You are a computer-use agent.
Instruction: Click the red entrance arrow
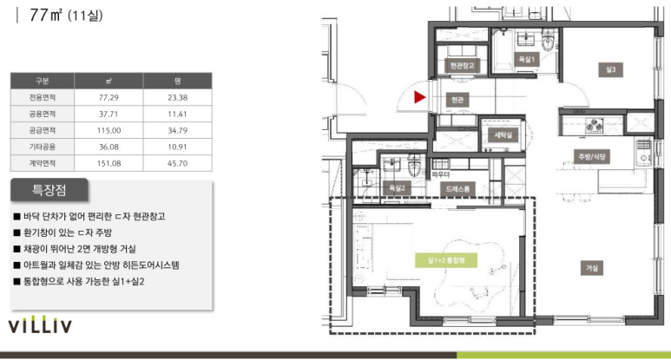[x=419, y=97]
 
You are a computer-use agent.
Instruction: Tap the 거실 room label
[x=592, y=268]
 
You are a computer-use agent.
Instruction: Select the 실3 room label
[x=610, y=69]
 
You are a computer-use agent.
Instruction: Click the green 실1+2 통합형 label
[x=446, y=260]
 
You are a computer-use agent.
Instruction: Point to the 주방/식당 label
[x=592, y=156]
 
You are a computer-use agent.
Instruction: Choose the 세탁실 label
[x=503, y=135]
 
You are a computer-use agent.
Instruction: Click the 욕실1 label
[x=526, y=59]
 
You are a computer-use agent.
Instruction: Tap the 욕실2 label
[x=397, y=188]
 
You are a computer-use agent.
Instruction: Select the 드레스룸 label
[x=457, y=188]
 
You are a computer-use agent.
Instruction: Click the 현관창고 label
[x=462, y=66]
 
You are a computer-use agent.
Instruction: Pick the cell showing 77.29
[x=109, y=97]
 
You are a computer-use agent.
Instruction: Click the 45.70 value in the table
[x=178, y=163]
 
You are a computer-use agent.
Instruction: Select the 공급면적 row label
[x=42, y=130]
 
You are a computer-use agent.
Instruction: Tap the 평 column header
[x=178, y=81]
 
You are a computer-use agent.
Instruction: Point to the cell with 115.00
[x=109, y=130]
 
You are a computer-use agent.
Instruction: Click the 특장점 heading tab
[x=49, y=190]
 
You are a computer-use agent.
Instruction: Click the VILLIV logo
[x=40, y=325]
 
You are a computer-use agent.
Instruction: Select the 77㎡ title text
[x=46, y=15]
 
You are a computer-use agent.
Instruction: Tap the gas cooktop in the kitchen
[x=594, y=125]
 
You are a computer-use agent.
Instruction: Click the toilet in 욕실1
[x=548, y=42]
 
